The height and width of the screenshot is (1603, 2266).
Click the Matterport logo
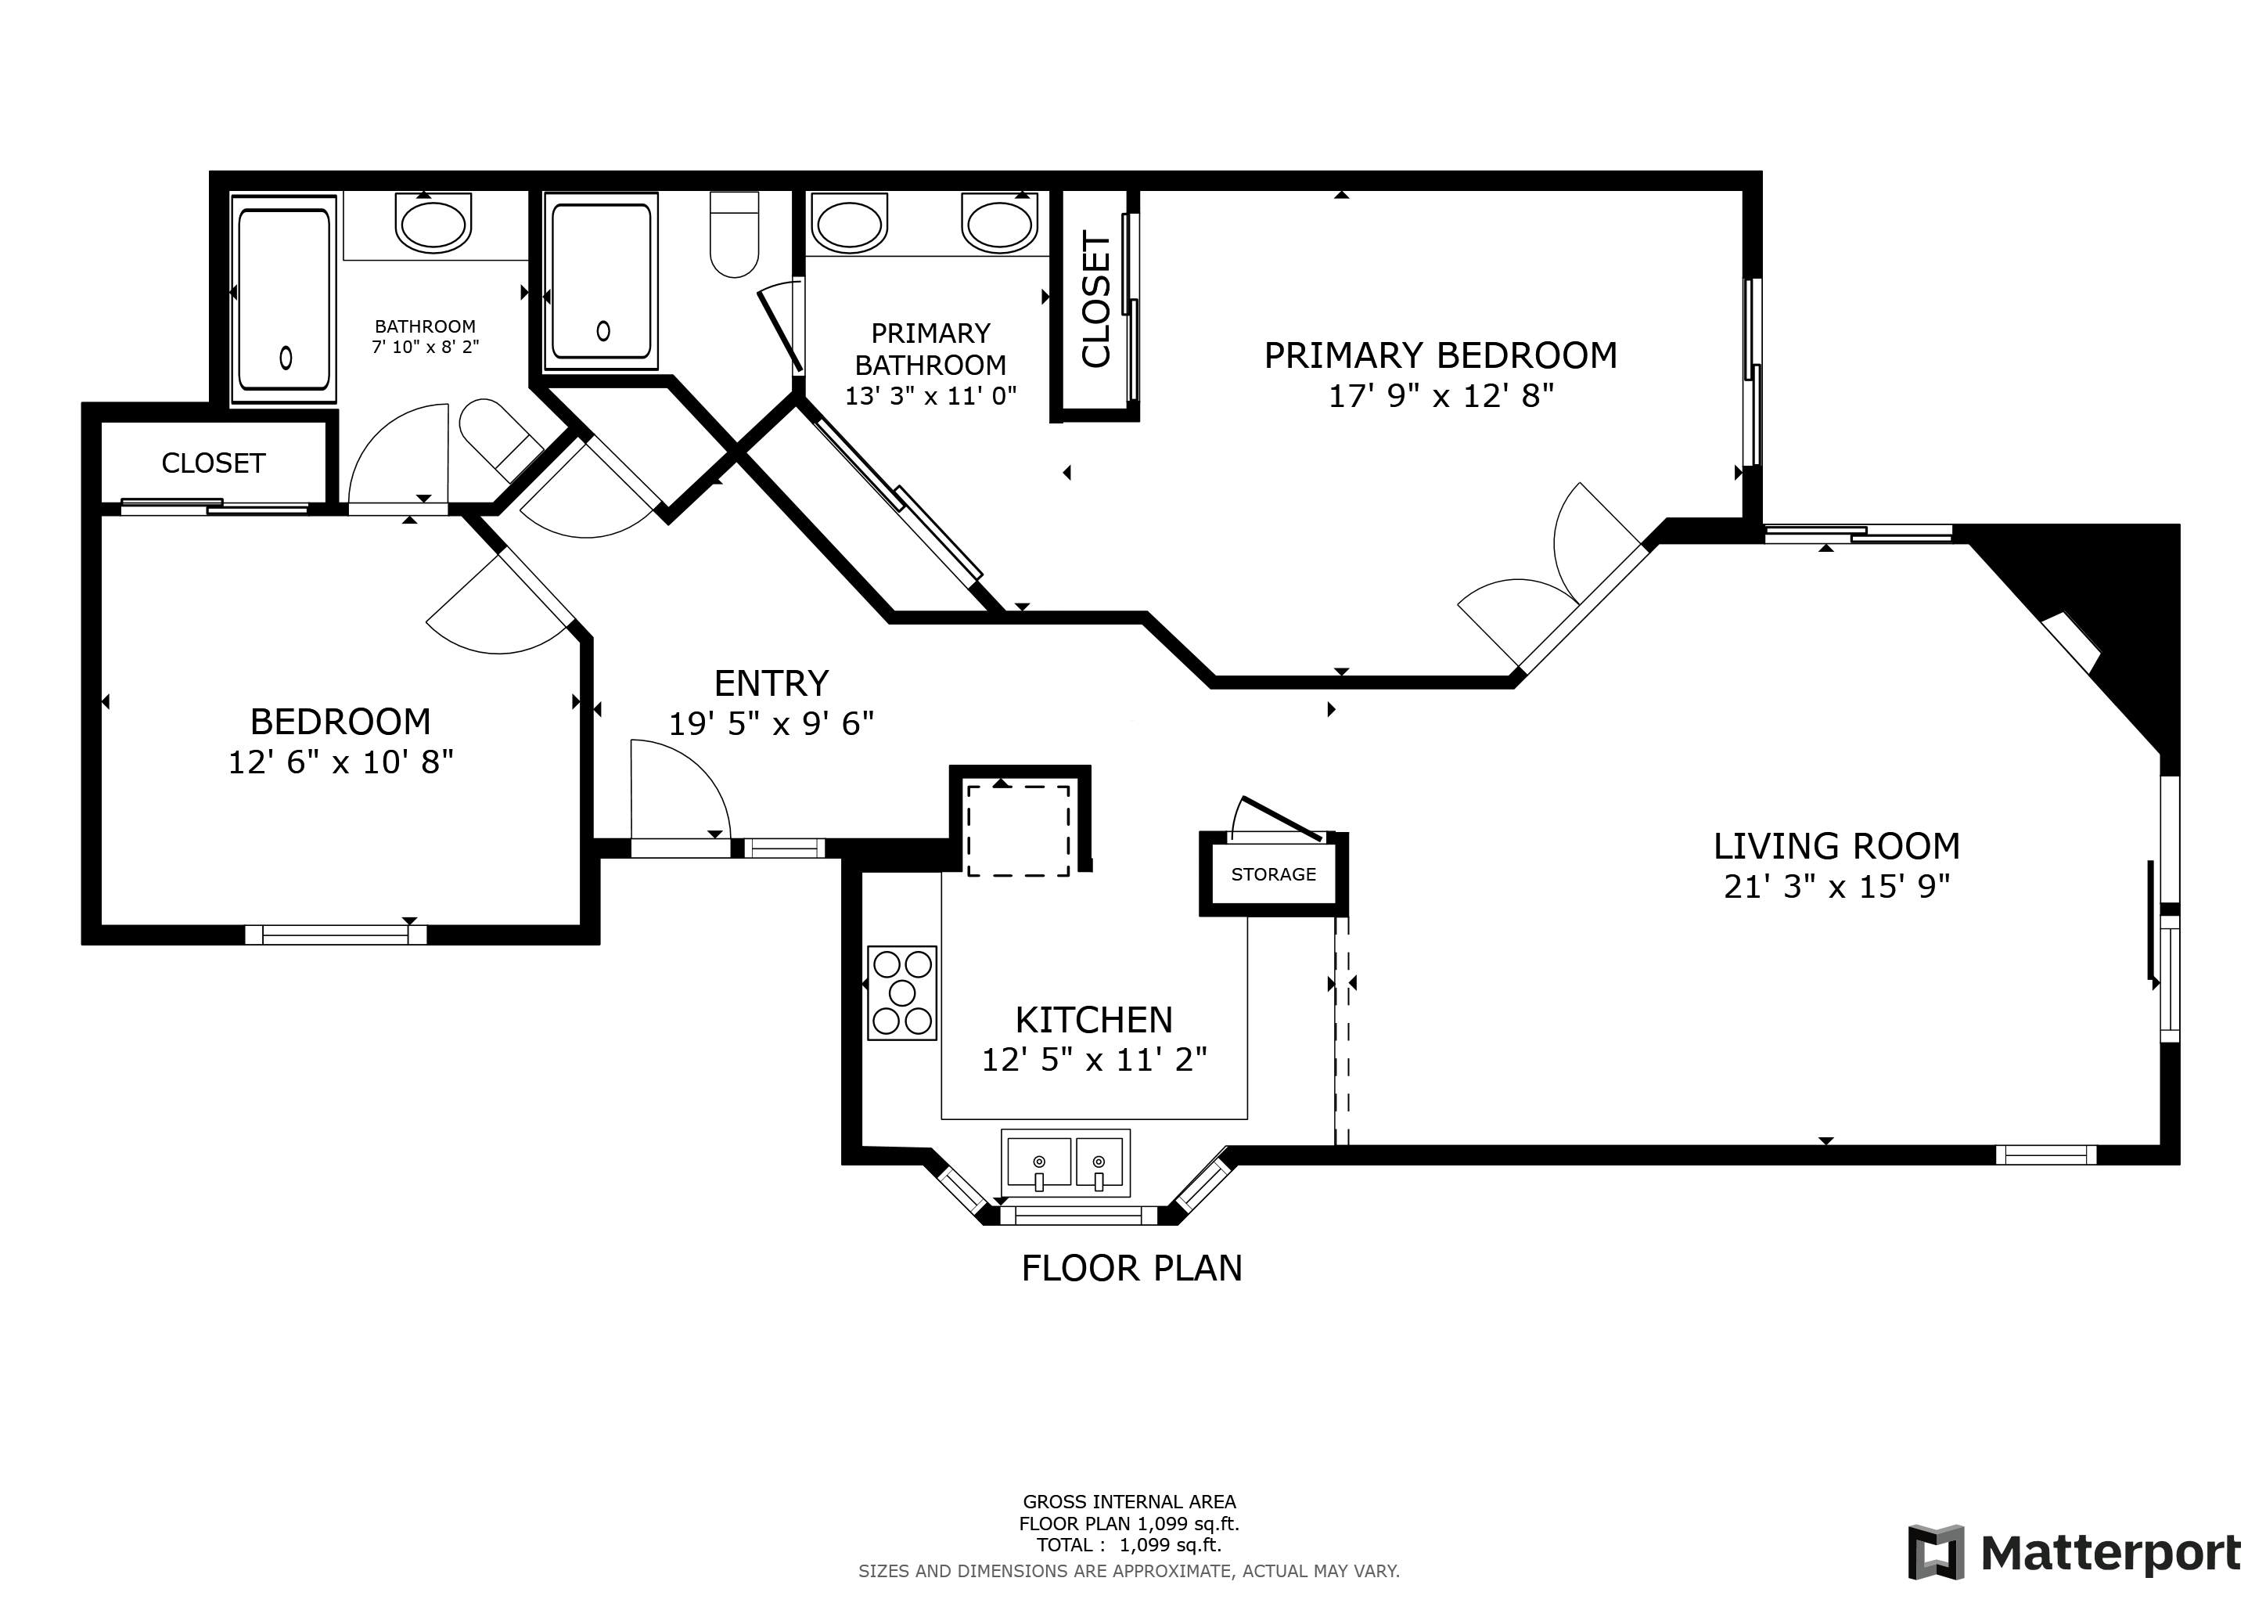tap(2074, 1553)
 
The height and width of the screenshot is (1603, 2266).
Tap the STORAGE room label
tap(1273, 874)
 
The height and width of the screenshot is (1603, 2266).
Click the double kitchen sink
tap(1066, 1163)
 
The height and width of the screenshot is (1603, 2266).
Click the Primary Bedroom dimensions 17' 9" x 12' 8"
tap(1441, 396)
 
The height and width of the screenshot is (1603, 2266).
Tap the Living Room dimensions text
tap(1836, 886)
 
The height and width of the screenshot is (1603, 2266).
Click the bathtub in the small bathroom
tap(284, 299)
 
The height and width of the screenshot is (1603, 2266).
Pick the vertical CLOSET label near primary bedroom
tap(1096, 299)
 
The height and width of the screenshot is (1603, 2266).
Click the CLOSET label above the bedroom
tap(213, 463)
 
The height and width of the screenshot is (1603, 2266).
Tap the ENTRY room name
tap(771, 683)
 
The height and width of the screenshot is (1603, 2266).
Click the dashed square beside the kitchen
tap(1017, 830)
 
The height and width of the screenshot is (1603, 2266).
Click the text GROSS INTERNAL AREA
tap(1129, 1501)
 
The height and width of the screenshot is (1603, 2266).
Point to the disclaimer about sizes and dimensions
tap(1129, 1570)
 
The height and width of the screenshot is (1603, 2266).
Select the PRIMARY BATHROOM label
tap(930, 349)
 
